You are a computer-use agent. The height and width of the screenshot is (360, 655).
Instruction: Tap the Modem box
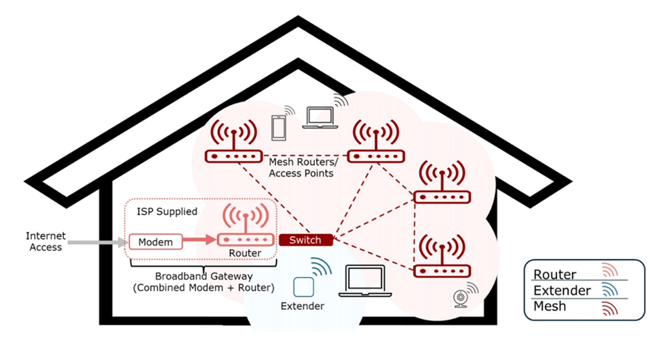pos(156,242)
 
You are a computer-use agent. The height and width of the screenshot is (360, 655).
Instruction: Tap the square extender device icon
pos(303,288)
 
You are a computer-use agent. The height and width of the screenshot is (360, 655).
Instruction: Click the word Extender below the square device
pos(302,307)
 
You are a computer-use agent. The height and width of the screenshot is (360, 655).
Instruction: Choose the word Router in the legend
pos(555,275)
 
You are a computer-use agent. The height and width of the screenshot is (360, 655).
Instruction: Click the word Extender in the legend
pos(562,291)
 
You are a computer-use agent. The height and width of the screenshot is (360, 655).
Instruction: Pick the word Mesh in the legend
pos(551,308)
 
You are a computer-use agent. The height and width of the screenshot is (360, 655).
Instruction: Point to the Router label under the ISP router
pos(244,254)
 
